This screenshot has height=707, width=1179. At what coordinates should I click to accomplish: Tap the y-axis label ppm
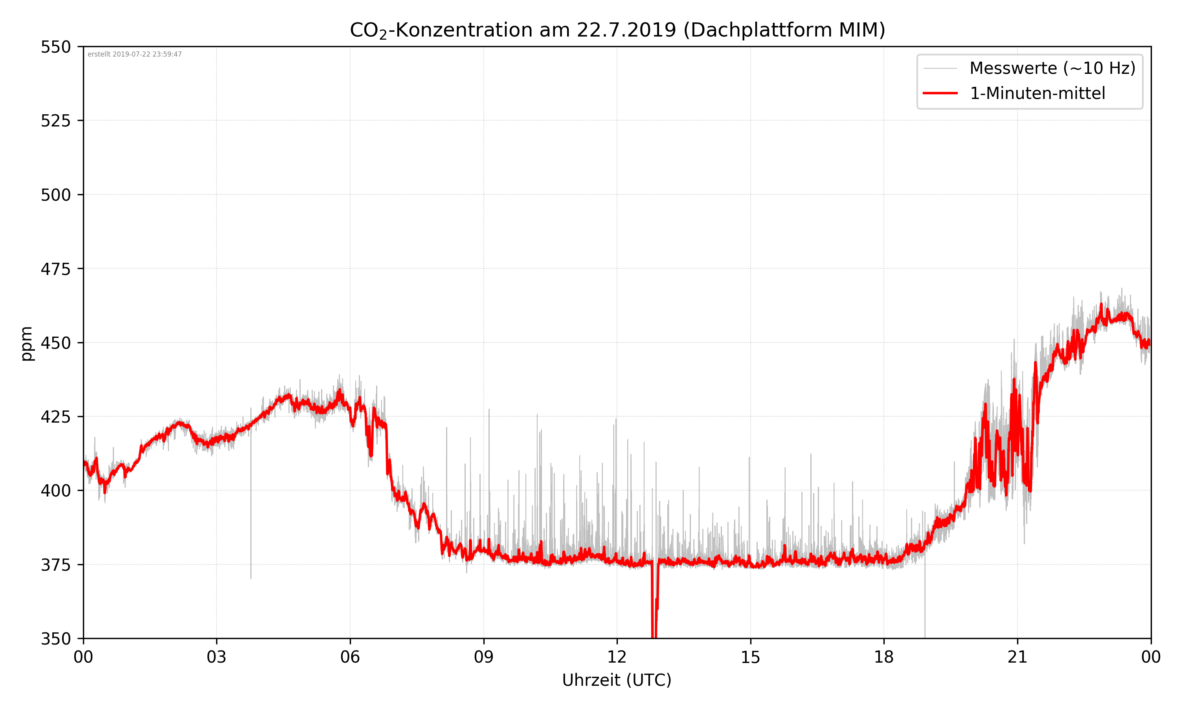click(x=27, y=344)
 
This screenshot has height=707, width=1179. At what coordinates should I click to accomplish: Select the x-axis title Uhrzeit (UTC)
click(x=617, y=680)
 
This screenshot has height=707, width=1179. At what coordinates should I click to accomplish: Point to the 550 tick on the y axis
click(x=56, y=47)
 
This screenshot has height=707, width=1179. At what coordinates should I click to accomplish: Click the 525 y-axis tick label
click(x=56, y=121)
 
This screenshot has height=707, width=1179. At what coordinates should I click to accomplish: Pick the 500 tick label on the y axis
click(x=56, y=195)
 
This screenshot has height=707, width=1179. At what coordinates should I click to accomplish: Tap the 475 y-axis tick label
click(x=56, y=269)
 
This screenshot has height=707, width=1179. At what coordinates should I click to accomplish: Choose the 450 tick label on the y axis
click(x=56, y=343)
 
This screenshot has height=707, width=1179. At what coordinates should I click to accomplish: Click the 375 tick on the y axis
click(x=56, y=565)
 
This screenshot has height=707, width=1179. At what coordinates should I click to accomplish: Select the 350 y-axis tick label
click(x=56, y=639)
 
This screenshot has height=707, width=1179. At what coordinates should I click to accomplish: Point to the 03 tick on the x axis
click(x=217, y=658)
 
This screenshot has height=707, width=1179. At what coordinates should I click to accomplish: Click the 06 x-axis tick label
click(x=350, y=658)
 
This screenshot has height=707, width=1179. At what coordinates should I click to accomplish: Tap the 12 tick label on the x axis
click(x=617, y=658)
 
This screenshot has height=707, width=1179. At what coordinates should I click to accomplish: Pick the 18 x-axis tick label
click(x=883, y=658)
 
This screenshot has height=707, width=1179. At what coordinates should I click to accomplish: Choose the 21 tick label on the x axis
click(x=1017, y=658)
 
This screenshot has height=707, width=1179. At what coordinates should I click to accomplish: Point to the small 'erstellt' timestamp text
click(x=134, y=54)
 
